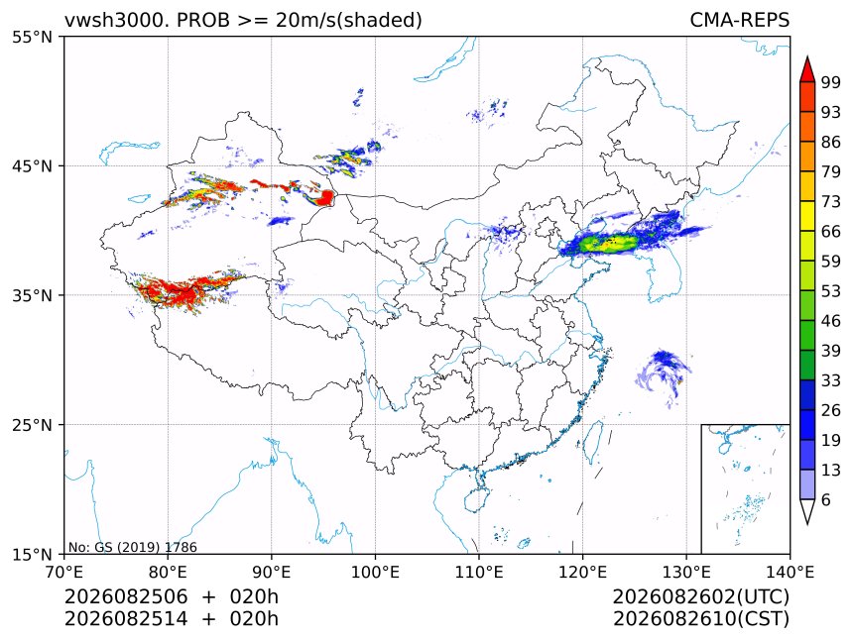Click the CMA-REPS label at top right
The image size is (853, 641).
click(739, 20)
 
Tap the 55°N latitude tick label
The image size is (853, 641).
click(32, 37)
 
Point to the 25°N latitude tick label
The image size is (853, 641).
click(32, 424)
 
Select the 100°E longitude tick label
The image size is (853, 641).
click(375, 572)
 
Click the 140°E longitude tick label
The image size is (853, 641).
click(790, 572)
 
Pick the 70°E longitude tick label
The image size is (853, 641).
click(64, 572)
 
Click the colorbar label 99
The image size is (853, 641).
click(831, 82)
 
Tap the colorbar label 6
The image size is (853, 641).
click(826, 499)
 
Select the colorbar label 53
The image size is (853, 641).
click(831, 291)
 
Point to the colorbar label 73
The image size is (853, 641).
click(831, 201)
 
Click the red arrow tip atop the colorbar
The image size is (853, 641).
click(807, 56)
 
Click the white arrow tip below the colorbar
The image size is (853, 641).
click(807, 524)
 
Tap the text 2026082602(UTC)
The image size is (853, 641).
click(700, 596)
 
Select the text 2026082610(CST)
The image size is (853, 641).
click(700, 618)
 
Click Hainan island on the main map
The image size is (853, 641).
click(477, 499)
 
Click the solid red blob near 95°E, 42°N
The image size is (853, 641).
click(325, 197)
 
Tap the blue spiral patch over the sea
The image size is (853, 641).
click(664, 373)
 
